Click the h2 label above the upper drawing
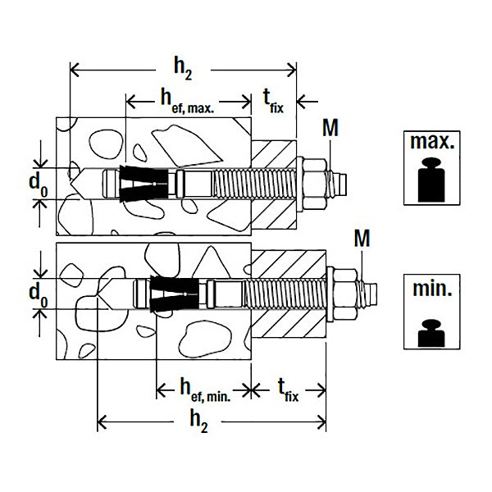183,70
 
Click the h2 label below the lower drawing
199,422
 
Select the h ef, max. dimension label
187,101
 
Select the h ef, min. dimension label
206,390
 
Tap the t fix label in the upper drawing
273,101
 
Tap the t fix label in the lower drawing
289,390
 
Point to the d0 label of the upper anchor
39,185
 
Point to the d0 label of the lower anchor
39,296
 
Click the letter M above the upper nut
330,128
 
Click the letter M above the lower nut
362,239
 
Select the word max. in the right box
432,142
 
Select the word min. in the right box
432,289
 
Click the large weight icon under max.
431,180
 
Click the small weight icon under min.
431,333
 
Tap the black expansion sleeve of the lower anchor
175,294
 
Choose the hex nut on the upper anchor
314,184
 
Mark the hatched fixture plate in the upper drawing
274,184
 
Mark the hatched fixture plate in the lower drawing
289,294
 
